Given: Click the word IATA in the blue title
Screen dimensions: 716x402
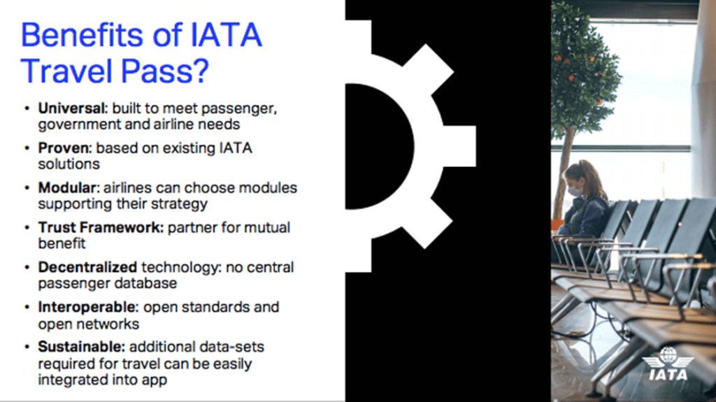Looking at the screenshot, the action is point(226,35).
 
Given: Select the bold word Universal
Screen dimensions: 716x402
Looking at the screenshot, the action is point(72,108).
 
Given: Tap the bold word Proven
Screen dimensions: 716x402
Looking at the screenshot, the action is point(65,148).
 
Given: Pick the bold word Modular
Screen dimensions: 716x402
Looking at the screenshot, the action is point(69,188).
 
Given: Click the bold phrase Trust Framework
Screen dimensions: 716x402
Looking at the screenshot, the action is point(101,227).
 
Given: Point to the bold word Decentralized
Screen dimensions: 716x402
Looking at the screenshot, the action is point(87,267).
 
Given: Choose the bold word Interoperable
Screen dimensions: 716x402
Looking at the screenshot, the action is point(87,307).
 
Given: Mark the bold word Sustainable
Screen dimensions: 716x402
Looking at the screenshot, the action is point(81,347).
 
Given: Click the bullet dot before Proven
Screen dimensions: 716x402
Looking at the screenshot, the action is point(27,148).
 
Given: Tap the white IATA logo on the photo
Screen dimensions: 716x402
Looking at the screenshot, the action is point(668,364).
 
